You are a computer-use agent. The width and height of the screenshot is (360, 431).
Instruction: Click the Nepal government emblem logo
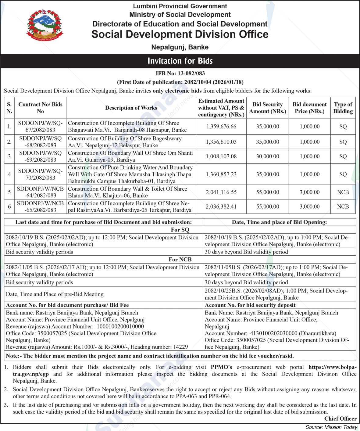point(45,27)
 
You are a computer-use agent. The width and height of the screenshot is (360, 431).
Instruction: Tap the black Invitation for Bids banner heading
point(180,61)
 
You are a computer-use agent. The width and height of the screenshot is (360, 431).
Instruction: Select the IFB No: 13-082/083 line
point(180,73)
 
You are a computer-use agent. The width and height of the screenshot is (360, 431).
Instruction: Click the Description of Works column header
point(131,108)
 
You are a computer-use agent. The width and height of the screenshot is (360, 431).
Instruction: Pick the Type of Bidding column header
point(343,108)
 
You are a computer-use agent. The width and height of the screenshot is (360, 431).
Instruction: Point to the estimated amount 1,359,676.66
point(221,126)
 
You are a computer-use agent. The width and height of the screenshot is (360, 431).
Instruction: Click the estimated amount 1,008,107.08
point(221,156)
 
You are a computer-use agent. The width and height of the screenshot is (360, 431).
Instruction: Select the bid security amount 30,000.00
point(268,156)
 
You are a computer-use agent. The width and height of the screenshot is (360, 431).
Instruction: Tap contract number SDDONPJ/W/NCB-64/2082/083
point(40,192)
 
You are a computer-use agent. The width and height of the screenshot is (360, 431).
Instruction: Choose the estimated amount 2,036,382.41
point(221,207)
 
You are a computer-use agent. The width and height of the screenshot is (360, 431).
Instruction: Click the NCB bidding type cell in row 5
point(343,192)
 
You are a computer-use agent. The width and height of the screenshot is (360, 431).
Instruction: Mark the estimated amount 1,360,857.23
point(221,174)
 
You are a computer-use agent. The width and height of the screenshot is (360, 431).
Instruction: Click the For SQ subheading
point(180,230)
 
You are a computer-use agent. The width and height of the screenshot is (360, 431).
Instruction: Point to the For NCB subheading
point(180,260)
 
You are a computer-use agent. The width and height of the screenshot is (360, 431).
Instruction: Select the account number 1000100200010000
point(120,326)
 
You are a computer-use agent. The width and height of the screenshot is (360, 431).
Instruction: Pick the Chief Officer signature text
point(340,418)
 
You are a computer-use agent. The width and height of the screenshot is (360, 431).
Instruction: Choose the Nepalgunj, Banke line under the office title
point(180,47)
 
